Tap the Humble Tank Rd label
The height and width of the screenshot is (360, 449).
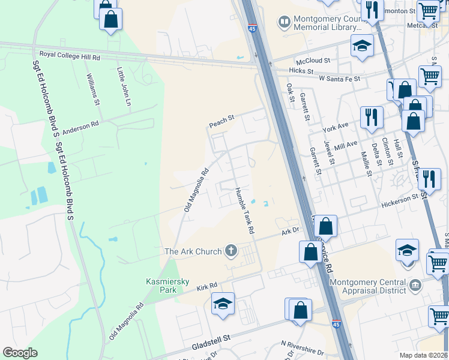coord(244,210)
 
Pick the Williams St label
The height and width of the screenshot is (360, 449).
coord(93,89)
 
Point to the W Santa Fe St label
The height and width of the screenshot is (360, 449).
coord(339,79)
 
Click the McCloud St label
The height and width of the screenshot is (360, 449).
coord(313,61)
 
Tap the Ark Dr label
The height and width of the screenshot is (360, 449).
coord(290,230)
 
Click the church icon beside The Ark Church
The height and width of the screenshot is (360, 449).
coord(232,251)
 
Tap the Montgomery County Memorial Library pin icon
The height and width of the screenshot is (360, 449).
coord(283,22)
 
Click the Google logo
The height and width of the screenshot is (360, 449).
coord(20,353)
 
